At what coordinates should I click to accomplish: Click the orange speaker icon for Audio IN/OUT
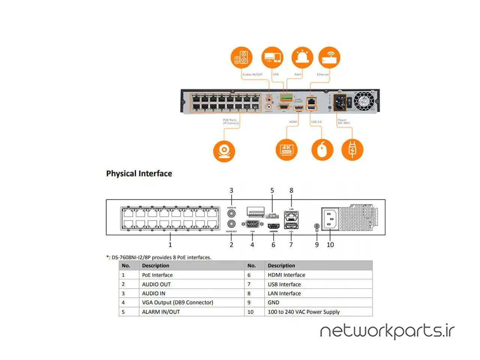(241, 57)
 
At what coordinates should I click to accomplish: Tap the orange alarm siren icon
(302, 57)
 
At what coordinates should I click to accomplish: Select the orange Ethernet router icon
(329, 57)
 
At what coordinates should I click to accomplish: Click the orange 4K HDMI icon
(286, 150)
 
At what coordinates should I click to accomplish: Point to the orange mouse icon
(322, 150)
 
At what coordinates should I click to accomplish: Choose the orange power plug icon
(352, 150)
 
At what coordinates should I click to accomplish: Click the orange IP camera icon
(224, 151)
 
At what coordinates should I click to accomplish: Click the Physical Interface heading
(139, 174)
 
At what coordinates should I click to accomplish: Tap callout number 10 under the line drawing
(330, 245)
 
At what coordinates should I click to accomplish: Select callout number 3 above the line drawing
(231, 190)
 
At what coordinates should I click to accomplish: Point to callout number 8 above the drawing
(291, 190)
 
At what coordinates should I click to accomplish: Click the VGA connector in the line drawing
(252, 224)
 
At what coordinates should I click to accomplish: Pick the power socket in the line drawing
(330, 219)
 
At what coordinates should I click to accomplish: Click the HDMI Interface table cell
(286, 275)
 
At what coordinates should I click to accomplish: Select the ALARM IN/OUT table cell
(161, 312)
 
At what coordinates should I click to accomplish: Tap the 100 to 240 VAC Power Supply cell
(303, 312)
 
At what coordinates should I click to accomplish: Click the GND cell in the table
(273, 303)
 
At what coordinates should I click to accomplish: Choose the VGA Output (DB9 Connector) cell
(177, 303)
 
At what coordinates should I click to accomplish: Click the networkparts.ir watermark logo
(387, 331)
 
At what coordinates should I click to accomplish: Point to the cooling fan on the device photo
(364, 100)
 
